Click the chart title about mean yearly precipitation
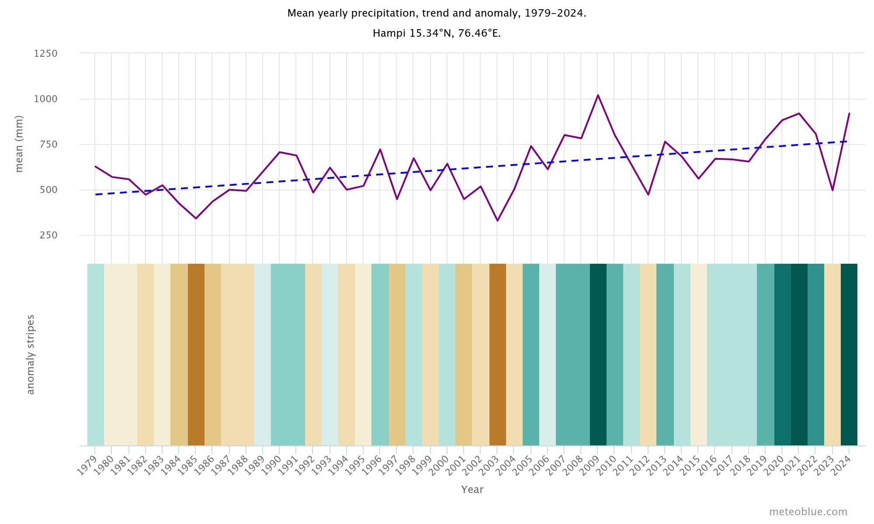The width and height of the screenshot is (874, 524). tap(437, 14)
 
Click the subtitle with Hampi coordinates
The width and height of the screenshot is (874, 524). tap(437, 34)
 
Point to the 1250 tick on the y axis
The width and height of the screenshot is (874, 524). tap(46, 54)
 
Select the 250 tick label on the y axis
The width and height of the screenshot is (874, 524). tap(49, 235)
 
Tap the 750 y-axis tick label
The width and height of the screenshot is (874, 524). tap(49, 145)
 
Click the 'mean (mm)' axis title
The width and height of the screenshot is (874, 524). tap(19, 144)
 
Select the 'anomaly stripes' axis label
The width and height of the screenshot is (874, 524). tap(30, 355)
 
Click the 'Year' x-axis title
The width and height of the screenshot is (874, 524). tap(472, 490)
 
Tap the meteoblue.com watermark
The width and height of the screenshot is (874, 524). tap(808, 512)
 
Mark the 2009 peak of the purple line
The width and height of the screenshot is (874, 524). tap(598, 95)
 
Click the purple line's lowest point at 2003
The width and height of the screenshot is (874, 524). tap(497, 221)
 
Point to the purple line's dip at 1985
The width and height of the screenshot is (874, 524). tap(196, 218)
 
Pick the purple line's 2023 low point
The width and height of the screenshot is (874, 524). tap(832, 190)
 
